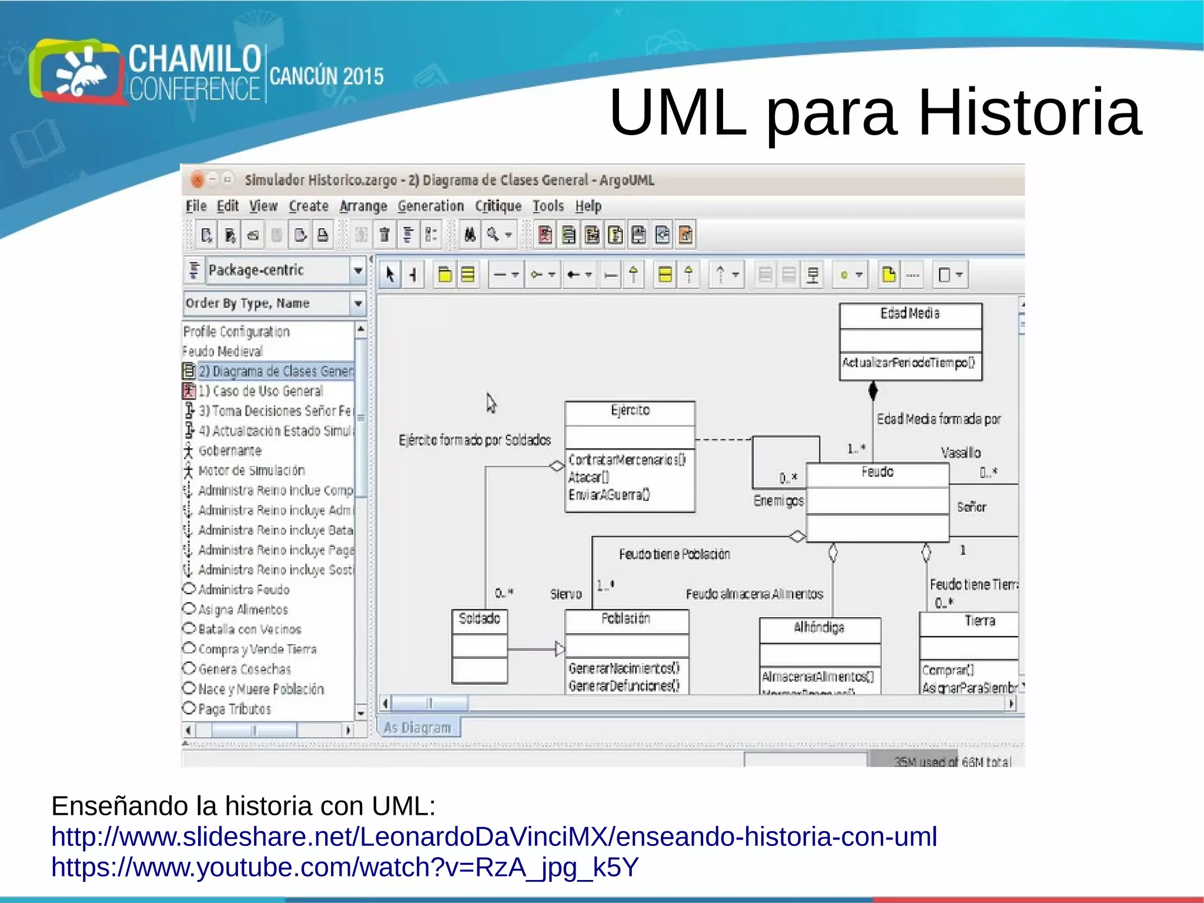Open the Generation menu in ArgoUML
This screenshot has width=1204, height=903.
pyautogui.click(x=430, y=206)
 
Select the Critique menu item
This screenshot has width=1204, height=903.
pyautogui.click(x=498, y=206)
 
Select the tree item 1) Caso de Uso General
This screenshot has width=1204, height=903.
pyautogui.click(x=260, y=391)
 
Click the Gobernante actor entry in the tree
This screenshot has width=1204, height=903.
pyautogui.click(x=229, y=451)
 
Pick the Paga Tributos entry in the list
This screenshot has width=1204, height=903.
pyautogui.click(x=234, y=709)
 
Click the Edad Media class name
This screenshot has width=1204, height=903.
pyautogui.click(x=909, y=314)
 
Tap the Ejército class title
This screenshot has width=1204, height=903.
pyautogui.click(x=630, y=410)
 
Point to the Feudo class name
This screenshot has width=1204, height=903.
pyautogui.click(x=877, y=472)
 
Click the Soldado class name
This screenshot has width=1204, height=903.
pyautogui.click(x=479, y=618)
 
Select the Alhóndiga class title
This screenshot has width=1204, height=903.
pyautogui.click(x=819, y=628)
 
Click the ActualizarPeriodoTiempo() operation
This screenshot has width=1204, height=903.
pyautogui.click(x=908, y=362)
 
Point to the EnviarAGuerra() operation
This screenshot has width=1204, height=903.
pyautogui.click(x=609, y=495)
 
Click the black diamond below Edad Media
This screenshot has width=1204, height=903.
pyautogui.click(x=873, y=389)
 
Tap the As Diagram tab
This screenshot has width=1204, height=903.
pyautogui.click(x=417, y=728)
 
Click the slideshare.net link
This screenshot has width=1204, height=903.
pyautogui.click(x=494, y=837)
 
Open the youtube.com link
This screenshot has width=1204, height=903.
pyautogui.click(x=345, y=867)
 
